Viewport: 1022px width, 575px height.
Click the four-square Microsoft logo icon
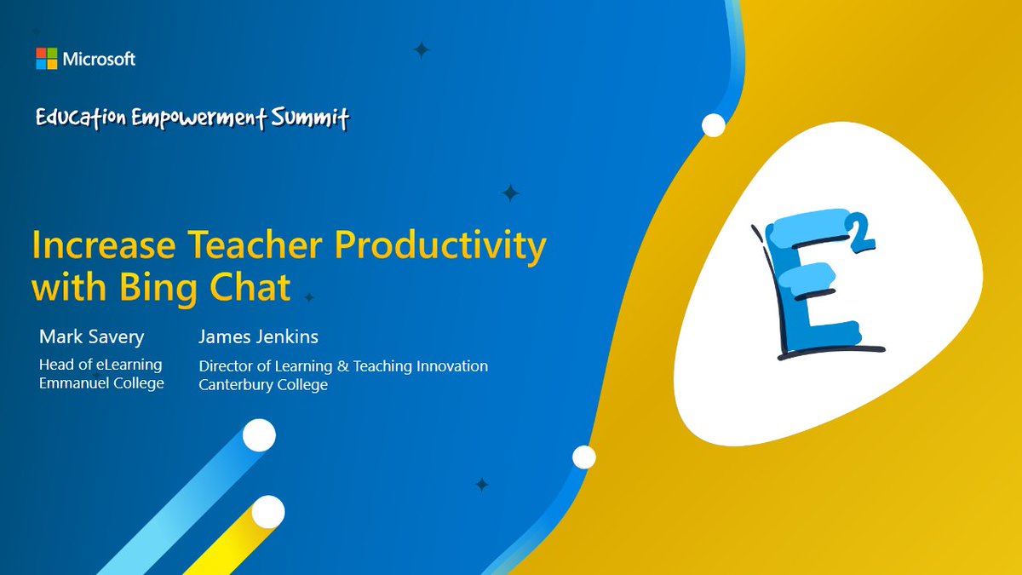tap(47, 59)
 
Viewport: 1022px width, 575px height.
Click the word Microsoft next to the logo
tap(99, 59)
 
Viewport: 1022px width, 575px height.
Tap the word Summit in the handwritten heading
tap(310, 118)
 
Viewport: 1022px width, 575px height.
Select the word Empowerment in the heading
tap(198, 118)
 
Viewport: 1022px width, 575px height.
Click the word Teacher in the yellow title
tap(255, 245)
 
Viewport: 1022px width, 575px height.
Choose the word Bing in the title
tap(158, 289)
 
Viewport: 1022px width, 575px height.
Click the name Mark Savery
tap(92, 337)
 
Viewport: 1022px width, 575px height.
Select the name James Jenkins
tap(258, 336)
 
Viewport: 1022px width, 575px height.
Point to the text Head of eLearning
tap(100, 365)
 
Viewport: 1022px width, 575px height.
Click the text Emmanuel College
tap(101, 382)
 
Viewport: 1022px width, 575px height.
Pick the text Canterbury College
tap(263, 384)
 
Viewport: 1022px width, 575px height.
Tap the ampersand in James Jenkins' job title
tap(342, 366)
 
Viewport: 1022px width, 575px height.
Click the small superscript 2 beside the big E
tap(861, 233)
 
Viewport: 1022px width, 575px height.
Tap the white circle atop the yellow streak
tap(268, 512)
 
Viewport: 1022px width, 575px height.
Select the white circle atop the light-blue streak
tap(259, 435)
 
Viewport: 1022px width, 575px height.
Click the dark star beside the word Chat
tap(309, 297)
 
